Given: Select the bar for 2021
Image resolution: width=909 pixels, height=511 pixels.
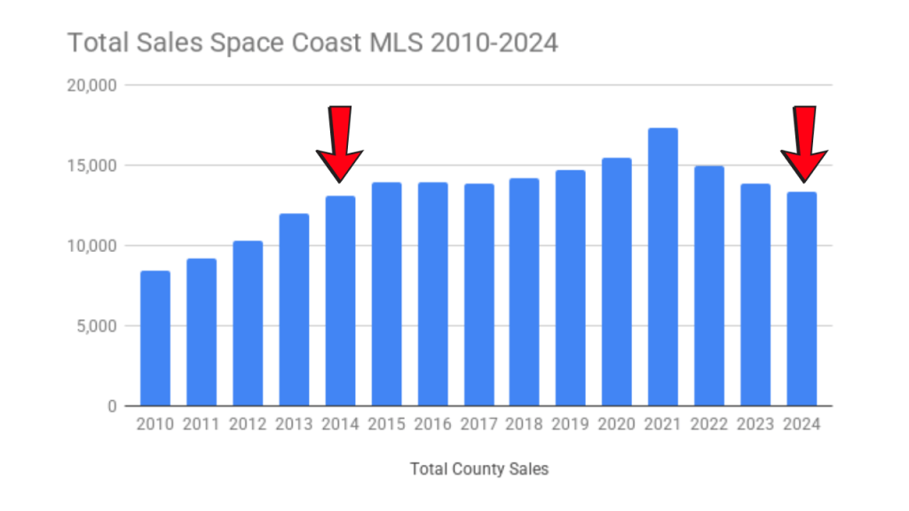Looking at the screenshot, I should [663, 267].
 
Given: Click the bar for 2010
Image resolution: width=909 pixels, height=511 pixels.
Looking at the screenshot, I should [155, 338].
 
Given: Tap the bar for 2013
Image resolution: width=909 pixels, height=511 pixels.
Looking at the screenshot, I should [294, 310].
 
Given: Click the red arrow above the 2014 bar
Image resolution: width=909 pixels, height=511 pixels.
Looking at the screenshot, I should [339, 142].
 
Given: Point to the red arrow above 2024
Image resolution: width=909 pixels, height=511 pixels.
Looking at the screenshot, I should [804, 142].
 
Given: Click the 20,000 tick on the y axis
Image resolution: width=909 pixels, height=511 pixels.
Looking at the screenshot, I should [93, 85].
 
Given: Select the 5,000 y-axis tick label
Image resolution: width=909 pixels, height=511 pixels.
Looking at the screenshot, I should [97, 326].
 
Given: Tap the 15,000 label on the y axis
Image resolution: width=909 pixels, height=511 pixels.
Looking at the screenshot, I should [93, 165].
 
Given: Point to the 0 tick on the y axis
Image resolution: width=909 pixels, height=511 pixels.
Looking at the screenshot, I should [113, 406].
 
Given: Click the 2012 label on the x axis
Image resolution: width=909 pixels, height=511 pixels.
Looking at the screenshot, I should [248, 424].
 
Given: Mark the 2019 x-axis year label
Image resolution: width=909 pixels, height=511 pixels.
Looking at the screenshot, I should [571, 424].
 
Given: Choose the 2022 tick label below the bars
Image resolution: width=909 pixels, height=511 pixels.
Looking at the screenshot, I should [709, 424].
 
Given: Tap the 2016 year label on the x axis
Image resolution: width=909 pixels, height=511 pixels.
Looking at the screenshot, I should [432, 424].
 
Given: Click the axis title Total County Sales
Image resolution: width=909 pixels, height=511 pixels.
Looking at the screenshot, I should [479, 468].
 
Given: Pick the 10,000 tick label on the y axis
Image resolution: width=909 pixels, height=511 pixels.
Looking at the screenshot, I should [93, 246].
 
